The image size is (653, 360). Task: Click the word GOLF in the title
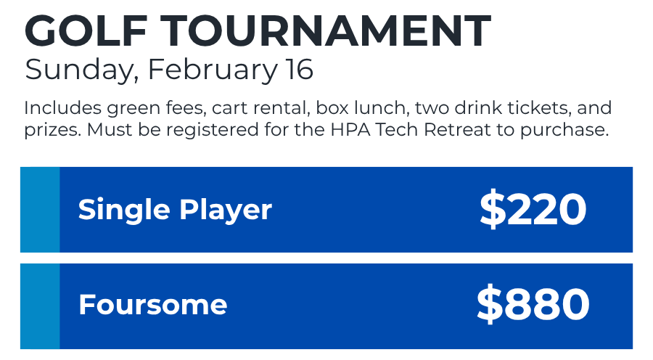click(x=86, y=30)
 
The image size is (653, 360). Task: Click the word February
click(x=212, y=70)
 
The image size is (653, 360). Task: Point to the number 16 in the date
click(x=299, y=69)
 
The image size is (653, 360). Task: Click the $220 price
click(x=533, y=209)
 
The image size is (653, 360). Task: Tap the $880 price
click(x=533, y=304)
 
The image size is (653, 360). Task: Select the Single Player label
click(x=175, y=210)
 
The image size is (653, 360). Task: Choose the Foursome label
click(x=153, y=305)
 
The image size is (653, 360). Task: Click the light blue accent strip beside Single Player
click(x=40, y=210)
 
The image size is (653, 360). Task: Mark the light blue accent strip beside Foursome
click(x=40, y=306)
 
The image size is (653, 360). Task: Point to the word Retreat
click(x=457, y=130)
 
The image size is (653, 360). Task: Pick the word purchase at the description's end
click(x=564, y=131)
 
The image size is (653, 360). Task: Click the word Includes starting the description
click(x=63, y=108)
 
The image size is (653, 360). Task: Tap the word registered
click(x=213, y=131)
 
